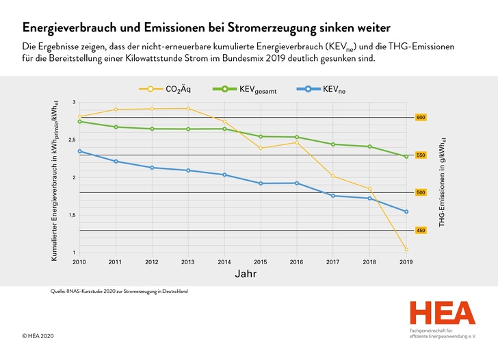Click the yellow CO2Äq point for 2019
click(406, 249)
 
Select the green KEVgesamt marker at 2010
click(80, 121)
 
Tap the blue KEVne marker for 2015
click(261, 183)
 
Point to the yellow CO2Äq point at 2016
click(297, 142)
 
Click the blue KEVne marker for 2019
click(406, 211)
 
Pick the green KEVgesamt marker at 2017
click(333, 144)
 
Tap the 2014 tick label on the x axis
click(224, 262)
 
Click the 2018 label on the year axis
click(369, 262)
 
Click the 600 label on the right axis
click(421, 118)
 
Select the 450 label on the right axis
click(421, 230)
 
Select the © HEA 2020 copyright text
click(38, 336)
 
